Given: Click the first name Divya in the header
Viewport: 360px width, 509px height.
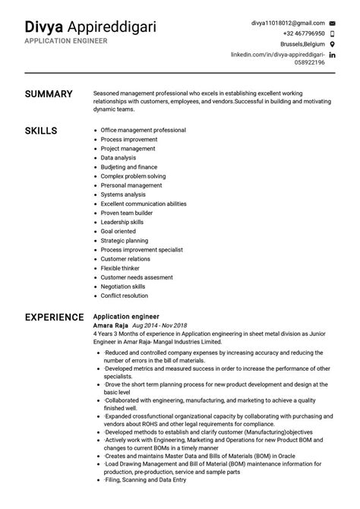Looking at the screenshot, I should click(43, 27).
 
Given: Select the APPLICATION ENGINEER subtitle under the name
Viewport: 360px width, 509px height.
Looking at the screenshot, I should click(65, 41).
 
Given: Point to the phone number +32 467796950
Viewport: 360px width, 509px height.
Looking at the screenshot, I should click(303, 33).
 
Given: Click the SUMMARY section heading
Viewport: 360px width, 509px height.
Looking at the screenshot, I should click(49, 94).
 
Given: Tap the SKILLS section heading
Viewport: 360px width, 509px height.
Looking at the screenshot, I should click(41, 131).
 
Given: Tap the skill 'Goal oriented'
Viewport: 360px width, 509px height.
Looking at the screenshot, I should click(119, 230).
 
